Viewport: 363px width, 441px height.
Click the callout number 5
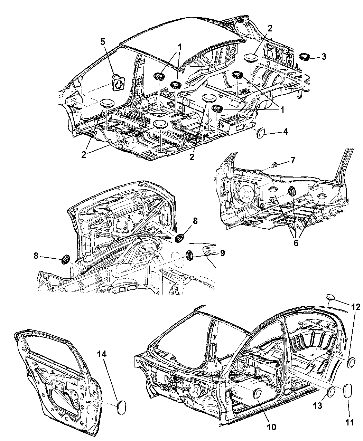[103, 42]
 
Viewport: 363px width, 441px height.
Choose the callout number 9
[222, 253]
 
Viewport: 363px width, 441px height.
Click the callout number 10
[271, 427]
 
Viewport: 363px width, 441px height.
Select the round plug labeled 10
[258, 393]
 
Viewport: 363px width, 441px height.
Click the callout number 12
[356, 307]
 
